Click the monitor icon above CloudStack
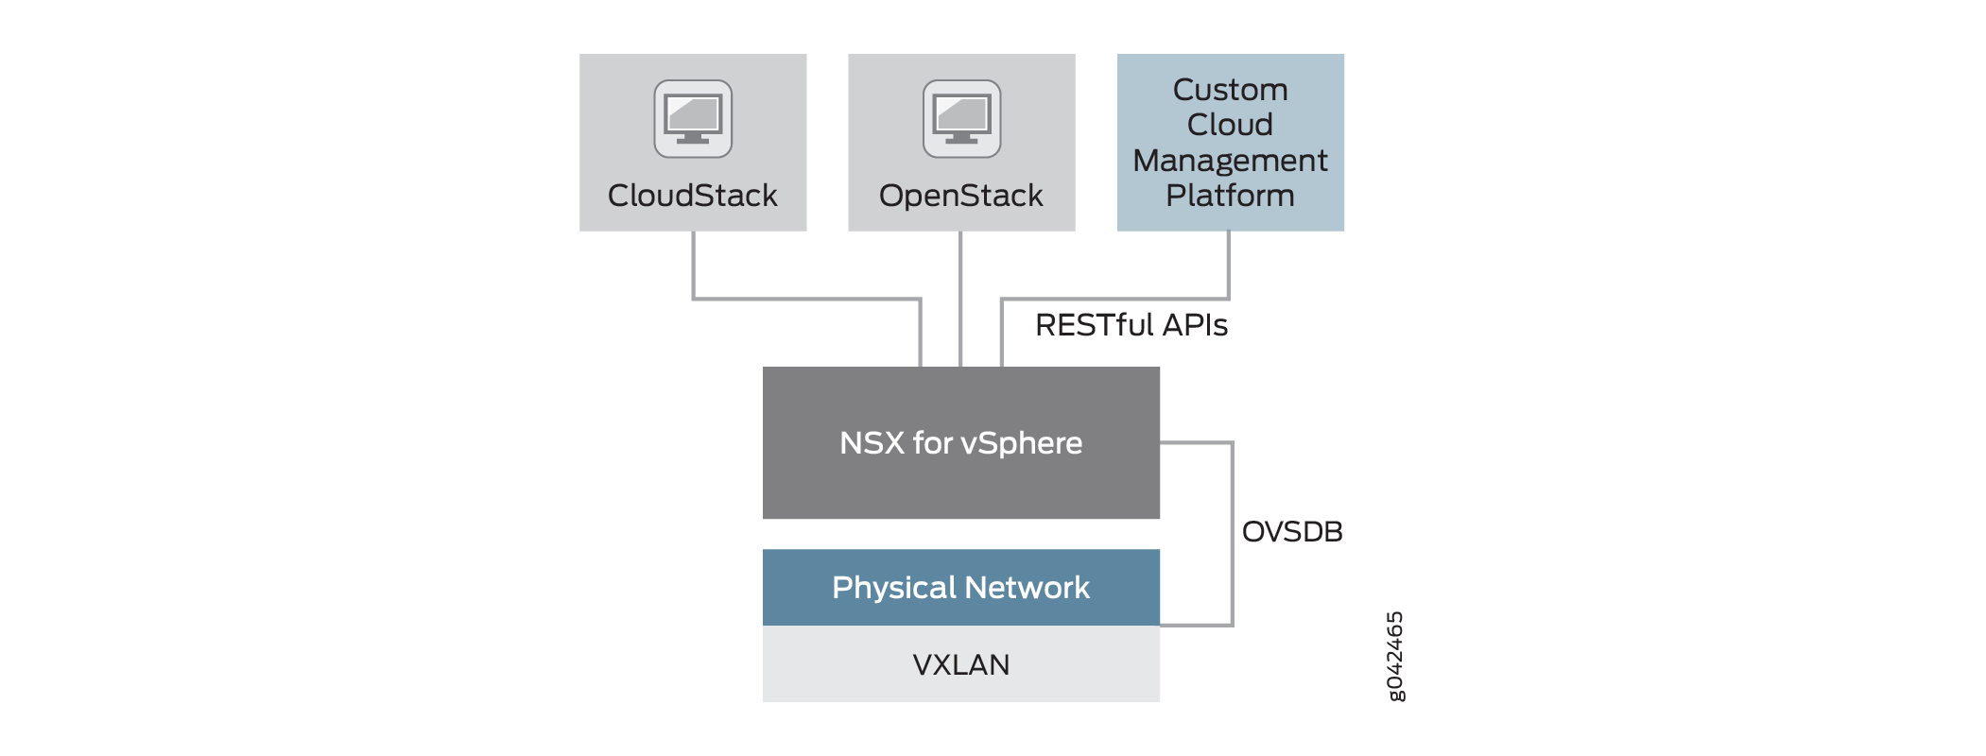click(693, 119)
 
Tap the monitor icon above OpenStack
click(961, 119)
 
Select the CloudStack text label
click(692, 196)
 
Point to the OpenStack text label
click(960, 196)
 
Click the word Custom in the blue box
click(1230, 90)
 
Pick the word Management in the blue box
click(1230, 161)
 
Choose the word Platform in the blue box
click(1230, 196)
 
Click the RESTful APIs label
click(1131, 325)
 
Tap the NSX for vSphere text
click(960, 443)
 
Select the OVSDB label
click(1291, 532)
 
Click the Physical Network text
click(960, 588)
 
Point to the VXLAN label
click(960, 665)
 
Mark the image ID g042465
click(1394, 656)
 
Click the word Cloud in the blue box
click(1230, 125)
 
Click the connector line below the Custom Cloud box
click(1228, 265)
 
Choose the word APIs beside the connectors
click(1195, 325)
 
